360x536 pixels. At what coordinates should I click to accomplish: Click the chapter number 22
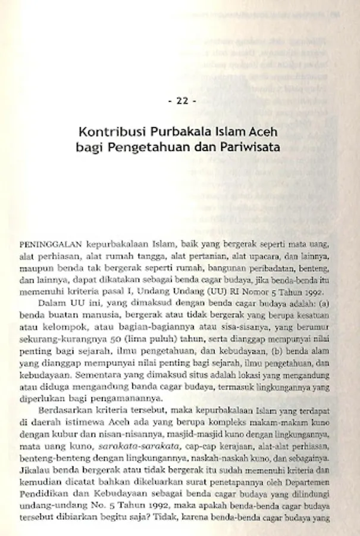182,101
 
